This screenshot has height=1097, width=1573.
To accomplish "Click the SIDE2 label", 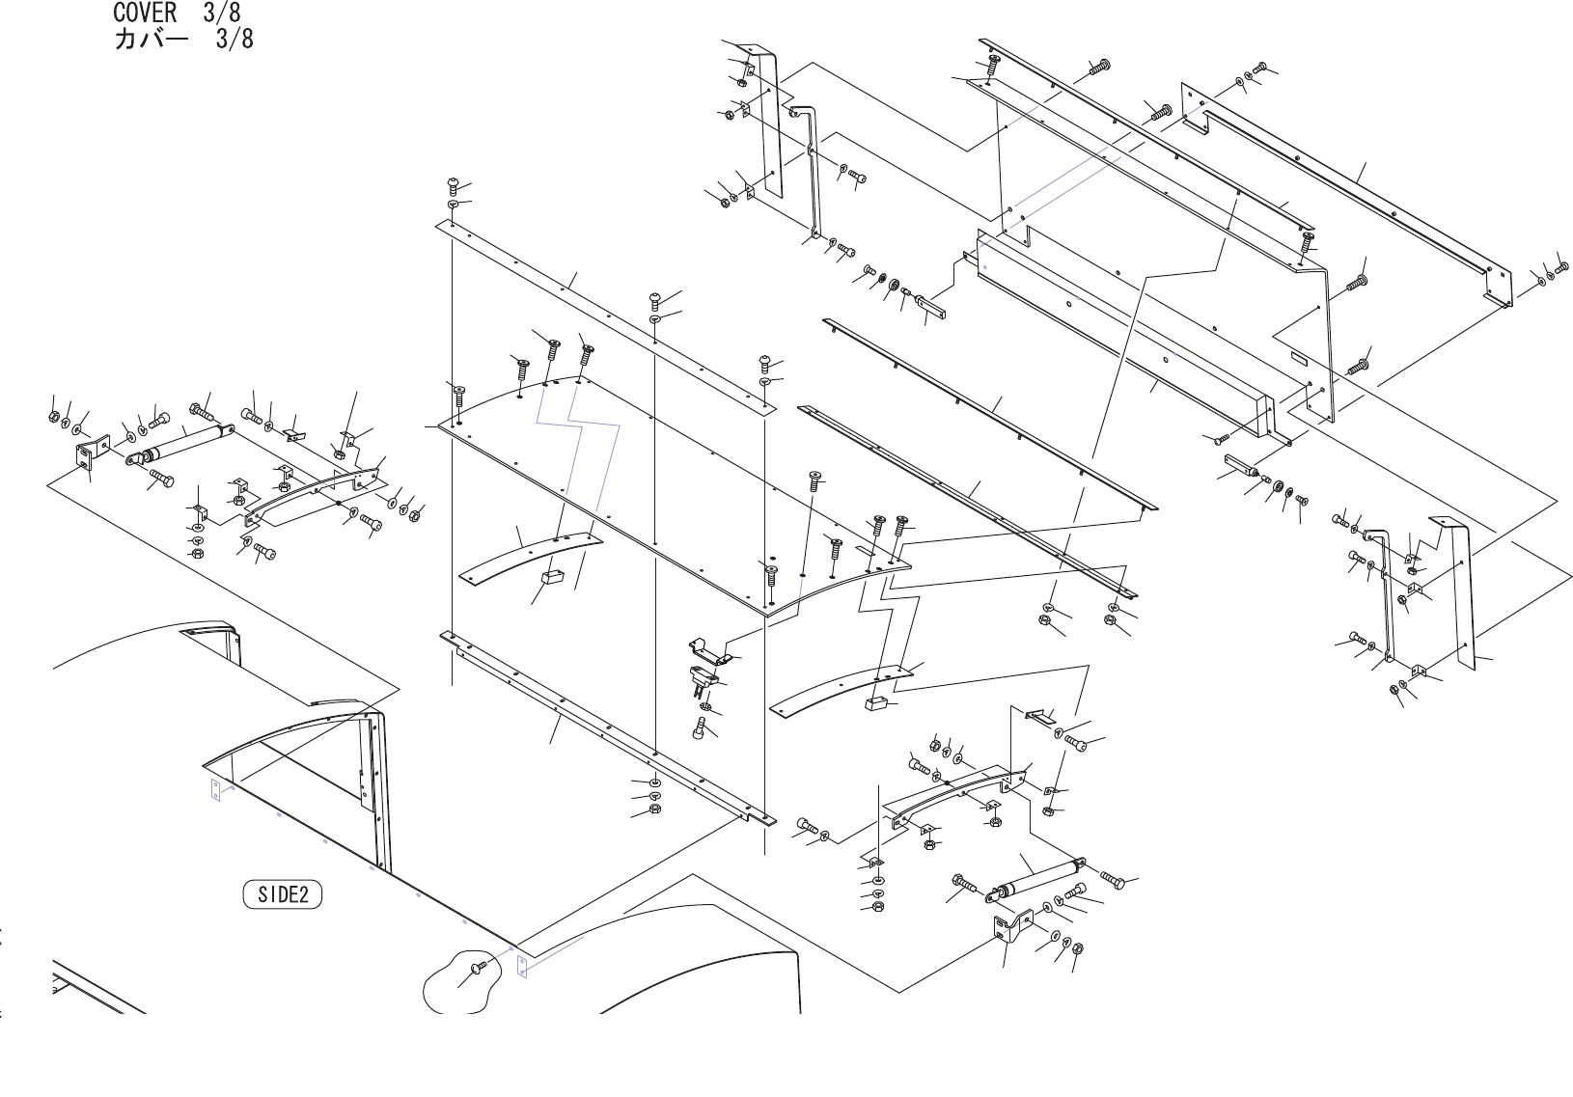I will point(282,894).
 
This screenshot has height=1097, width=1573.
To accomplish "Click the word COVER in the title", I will point(145,13).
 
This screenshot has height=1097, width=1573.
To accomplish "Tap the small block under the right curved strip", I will point(876,703).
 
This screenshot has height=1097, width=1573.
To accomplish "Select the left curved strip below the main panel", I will point(526,557).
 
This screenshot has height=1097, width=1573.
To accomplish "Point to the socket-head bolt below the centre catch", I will point(700,730).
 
